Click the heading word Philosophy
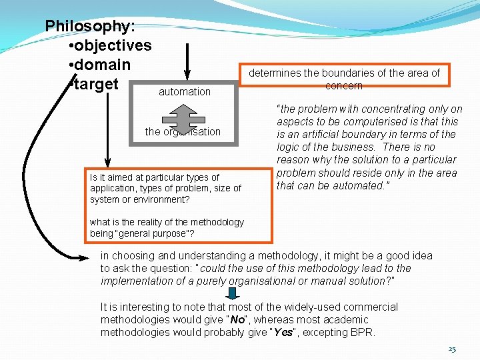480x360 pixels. coord(89,26)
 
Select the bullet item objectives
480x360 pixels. coord(113,45)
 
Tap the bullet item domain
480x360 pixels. coord(103,65)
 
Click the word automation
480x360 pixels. coord(185,91)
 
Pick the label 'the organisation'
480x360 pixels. coord(183,131)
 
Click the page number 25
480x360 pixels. coord(452,349)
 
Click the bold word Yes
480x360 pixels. coord(283,332)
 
